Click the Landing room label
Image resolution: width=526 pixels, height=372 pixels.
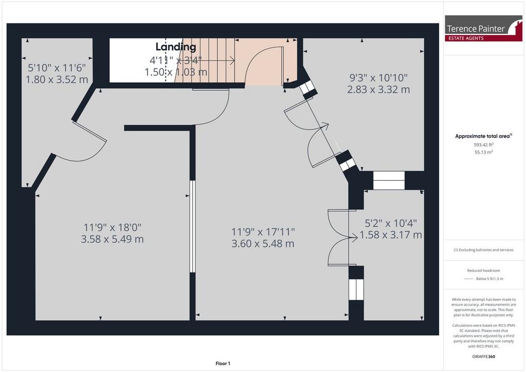click(176, 47)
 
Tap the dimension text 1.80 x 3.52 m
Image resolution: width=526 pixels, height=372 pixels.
click(57, 80)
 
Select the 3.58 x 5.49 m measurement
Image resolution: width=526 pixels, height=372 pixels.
click(112, 239)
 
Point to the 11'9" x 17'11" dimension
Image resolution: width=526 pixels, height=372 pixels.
click(263, 232)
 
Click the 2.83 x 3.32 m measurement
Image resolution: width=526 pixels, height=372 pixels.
click(379, 89)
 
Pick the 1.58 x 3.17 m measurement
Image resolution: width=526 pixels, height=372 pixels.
click(391, 235)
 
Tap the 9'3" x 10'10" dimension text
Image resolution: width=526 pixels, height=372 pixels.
click(379, 78)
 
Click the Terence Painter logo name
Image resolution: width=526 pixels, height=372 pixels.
click(476, 29)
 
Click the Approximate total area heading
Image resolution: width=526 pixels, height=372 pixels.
click(483, 136)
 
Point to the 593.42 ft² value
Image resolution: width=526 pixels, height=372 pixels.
click(483, 145)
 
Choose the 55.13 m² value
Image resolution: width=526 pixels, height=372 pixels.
click(483, 152)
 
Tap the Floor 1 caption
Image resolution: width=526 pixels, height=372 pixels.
click(223, 364)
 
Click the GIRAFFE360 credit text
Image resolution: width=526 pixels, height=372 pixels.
click(483, 357)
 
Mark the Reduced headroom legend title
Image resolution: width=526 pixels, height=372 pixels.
click(483, 271)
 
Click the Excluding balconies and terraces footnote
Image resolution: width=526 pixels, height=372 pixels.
click(483, 250)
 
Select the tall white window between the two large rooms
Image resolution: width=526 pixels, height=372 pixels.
click(192, 227)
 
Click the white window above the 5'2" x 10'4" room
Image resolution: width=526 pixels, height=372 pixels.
click(389, 180)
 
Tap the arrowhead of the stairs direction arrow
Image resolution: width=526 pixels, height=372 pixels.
click(232, 61)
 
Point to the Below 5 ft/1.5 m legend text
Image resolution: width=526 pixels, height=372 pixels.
click(490, 279)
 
